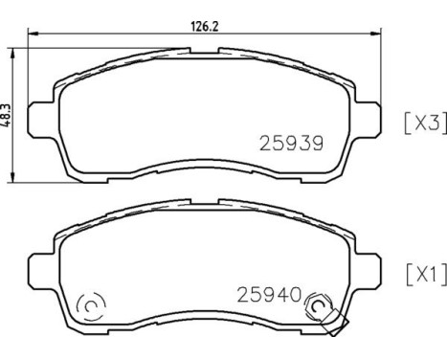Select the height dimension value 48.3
9,113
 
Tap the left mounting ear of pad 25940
40,269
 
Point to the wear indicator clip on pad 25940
332,322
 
